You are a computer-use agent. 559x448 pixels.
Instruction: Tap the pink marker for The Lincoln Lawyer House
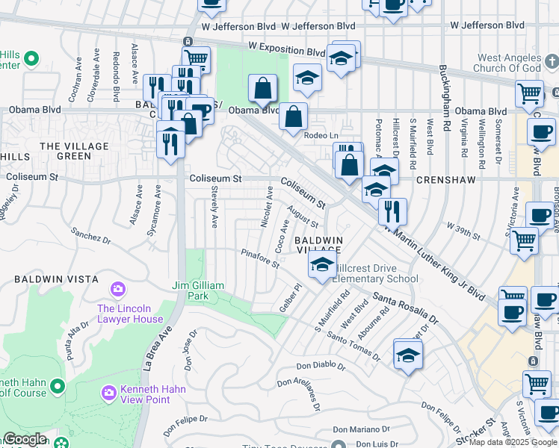[117, 289]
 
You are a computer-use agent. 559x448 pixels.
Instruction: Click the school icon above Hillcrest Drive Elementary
[322, 264]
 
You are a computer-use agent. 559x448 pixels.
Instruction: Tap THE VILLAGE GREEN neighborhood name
[75, 152]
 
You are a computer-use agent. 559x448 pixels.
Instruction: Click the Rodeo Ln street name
[322, 135]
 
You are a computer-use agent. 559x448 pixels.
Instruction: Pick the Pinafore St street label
[260, 258]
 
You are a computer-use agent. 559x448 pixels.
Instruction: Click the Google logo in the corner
[25, 439]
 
